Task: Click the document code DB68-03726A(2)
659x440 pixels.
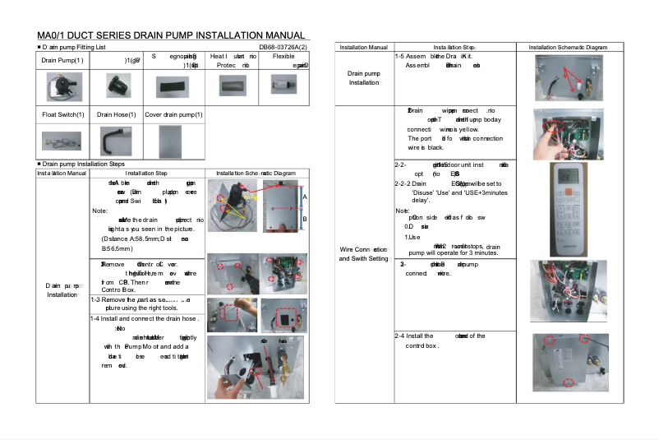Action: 283,48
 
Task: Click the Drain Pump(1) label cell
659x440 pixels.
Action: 62,60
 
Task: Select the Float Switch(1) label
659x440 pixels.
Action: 62,114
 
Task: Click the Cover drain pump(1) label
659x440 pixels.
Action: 173,114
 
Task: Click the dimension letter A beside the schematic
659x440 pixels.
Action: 305,197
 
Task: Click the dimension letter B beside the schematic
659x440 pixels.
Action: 305,220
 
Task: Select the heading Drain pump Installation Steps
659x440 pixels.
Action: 83,164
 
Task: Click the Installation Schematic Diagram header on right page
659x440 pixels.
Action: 568,48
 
